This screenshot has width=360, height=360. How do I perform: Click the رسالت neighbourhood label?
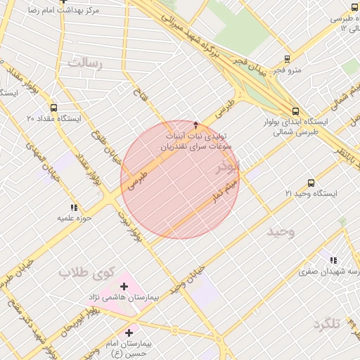tap(85, 64)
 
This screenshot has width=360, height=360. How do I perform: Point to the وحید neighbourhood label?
tap(281, 231)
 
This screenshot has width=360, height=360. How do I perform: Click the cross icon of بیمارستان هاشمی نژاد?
tap(124, 286)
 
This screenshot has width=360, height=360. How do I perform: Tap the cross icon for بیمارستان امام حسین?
tap(129, 332)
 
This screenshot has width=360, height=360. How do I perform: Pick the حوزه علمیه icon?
tap(73, 207)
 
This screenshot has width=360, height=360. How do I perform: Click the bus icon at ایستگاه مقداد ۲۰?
tap(53, 108)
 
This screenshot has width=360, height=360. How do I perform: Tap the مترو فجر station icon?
tap(287, 60)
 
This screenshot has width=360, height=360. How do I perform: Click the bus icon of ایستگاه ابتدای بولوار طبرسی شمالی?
tap(295, 111)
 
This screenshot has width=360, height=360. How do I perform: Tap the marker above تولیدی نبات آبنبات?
tap(195, 123)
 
